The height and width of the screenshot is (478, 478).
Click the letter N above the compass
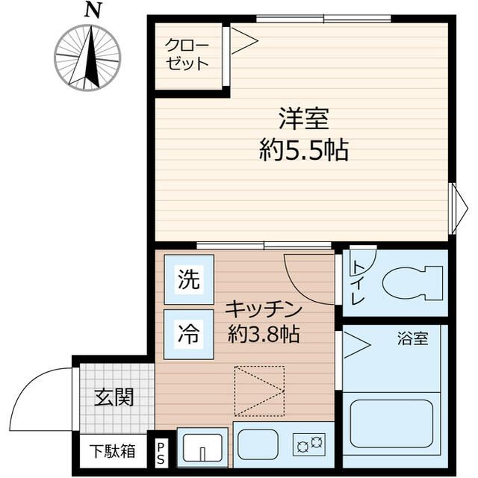click(93, 10)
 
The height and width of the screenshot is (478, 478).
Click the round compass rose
click(87, 58)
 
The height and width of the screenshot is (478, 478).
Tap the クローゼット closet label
click(187, 54)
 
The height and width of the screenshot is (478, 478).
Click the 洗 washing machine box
click(189, 280)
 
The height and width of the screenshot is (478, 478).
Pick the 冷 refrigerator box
click(189, 334)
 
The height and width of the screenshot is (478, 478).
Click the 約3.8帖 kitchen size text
click(263, 334)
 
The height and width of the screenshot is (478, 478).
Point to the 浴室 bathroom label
click(412, 338)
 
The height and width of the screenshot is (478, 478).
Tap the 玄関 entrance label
click(114, 397)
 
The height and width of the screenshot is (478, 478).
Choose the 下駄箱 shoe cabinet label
click(113, 451)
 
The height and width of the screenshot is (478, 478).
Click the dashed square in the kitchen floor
click(258, 391)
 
